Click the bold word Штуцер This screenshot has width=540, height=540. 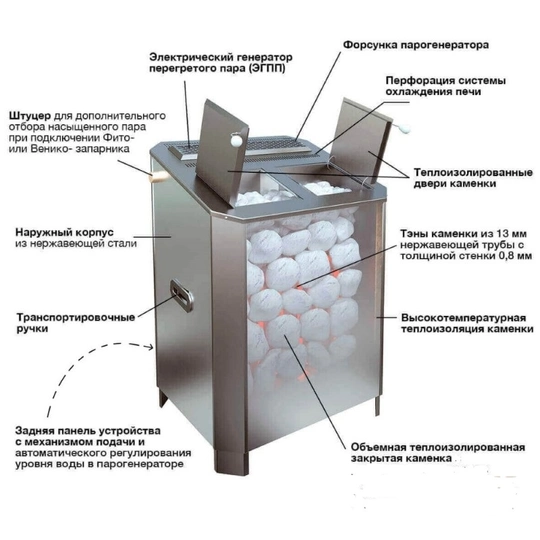(30, 116)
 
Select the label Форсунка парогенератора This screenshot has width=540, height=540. (416, 45)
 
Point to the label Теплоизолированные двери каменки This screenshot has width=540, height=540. (473, 178)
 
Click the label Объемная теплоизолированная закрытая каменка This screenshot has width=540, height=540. (438, 453)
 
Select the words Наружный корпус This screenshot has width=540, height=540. (64, 232)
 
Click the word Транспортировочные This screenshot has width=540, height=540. (76, 317)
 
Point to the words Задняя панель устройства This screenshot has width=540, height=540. (88, 431)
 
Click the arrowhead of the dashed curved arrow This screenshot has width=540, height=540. (150, 347)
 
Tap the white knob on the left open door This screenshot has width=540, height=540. (236, 139)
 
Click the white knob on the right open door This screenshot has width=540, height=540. (405, 128)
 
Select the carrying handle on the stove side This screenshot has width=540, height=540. (182, 295)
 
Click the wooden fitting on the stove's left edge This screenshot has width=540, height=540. (156, 177)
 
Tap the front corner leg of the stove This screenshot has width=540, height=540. (231, 460)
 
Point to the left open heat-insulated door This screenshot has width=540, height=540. (222, 153)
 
